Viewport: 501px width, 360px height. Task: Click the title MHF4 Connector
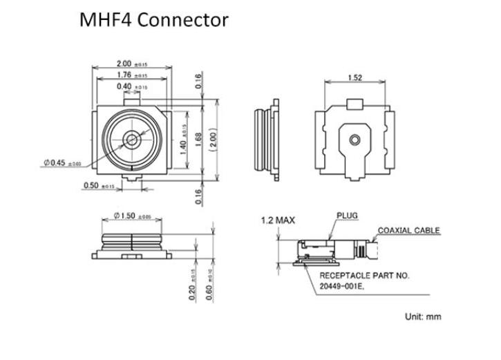(154, 20)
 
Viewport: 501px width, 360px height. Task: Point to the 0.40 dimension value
(132, 86)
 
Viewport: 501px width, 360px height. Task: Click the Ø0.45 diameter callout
(62, 163)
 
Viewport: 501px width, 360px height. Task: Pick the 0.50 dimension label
(97, 186)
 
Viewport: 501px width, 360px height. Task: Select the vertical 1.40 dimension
(184, 140)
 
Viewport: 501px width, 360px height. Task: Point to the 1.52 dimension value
(355, 77)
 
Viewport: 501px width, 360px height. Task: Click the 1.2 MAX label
(278, 220)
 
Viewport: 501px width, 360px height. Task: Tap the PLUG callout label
(348, 215)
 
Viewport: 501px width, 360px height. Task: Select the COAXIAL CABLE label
(408, 231)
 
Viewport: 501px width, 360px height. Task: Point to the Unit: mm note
(422, 317)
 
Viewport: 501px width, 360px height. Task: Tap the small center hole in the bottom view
(355, 140)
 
